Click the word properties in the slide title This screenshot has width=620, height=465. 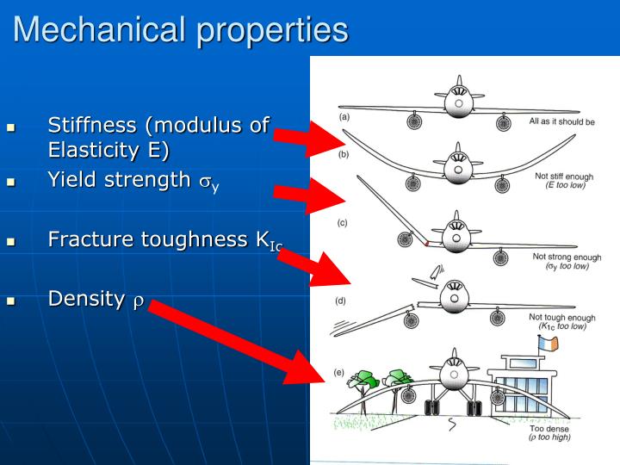(x=273, y=31)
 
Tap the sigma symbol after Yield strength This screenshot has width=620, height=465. (x=204, y=181)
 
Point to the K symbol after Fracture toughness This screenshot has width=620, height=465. (x=263, y=239)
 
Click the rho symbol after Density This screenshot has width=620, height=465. (x=137, y=300)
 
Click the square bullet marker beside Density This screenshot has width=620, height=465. (x=11, y=301)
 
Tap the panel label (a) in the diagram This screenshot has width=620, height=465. (x=344, y=116)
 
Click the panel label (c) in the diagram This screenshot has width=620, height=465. (x=342, y=223)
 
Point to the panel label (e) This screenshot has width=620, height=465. (x=339, y=373)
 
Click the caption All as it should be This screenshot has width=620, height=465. (x=561, y=122)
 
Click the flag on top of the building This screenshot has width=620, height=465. (x=547, y=343)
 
